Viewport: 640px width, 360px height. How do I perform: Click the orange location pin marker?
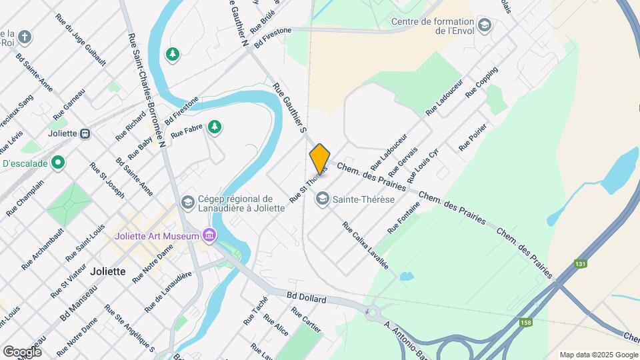point(320,159)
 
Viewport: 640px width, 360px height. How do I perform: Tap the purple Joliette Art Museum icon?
point(209,235)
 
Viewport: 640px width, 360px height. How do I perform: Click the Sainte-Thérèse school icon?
point(323,198)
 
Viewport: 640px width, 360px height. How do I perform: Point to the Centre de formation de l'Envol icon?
point(485,26)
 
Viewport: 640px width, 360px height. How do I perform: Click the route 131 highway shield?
point(581,264)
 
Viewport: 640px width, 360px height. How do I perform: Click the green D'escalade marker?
point(58,162)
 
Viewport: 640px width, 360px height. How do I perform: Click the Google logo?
point(22,352)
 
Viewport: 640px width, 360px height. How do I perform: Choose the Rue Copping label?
point(482,82)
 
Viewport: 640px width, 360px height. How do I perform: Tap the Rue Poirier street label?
point(473,137)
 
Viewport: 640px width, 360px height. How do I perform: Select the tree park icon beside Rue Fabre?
point(214,127)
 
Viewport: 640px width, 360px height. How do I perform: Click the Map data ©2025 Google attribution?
point(599,355)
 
